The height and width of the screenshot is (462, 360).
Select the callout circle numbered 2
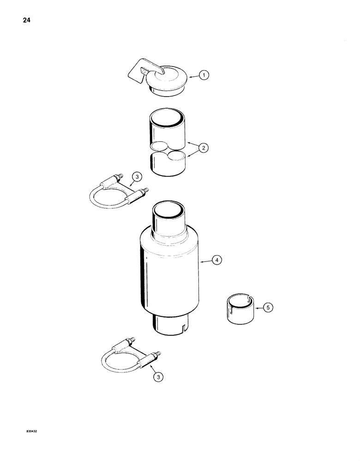pyautogui.click(x=204, y=148)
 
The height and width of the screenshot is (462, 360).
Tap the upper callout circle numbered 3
pyautogui.click(x=137, y=176)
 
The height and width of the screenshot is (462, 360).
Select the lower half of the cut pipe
pyautogui.click(x=168, y=164)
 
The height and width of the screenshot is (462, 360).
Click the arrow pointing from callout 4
pyautogui.click(x=206, y=262)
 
